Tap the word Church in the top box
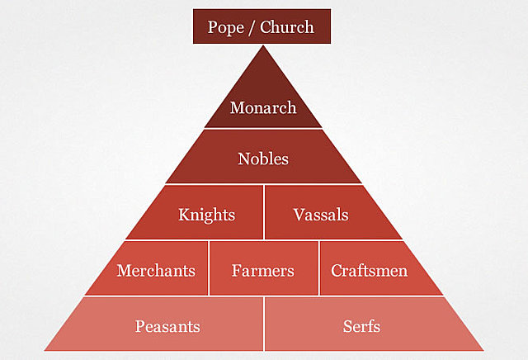click(x=287, y=26)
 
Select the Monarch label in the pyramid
click(x=263, y=108)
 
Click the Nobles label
click(x=263, y=159)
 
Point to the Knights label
click(x=206, y=215)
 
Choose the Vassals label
click(x=321, y=215)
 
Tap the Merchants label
click(x=156, y=270)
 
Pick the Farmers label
click(x=263, y=270)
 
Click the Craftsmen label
click(x=369, y=270)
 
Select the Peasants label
click(x=167, y=325)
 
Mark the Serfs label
click(x=361, y=325)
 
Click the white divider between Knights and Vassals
click(x=264, y=212)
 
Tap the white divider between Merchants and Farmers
click(x=209, y=268)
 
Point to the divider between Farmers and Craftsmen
click(x=318, y=268)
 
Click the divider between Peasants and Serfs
click(x=264, y=324)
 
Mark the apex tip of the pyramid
click(x=264, y=46)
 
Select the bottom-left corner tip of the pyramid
click(x=45, y=349)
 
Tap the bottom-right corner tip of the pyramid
click(x=483, y=349)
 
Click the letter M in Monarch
click(x=237, y=108)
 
